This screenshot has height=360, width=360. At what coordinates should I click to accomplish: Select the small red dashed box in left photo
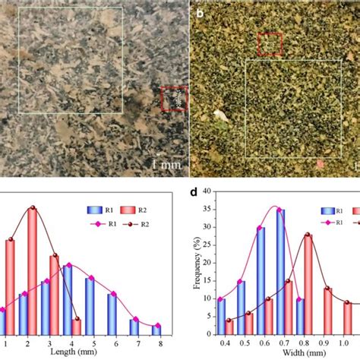(x=173, y=99)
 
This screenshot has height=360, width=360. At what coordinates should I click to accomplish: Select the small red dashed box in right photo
(x=270, y=44)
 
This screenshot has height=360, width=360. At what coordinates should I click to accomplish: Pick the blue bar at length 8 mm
(x=156, y=330)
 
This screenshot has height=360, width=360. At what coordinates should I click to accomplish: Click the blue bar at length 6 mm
(x=112, y=314)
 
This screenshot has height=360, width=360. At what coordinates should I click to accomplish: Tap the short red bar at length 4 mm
(x=76, y=327)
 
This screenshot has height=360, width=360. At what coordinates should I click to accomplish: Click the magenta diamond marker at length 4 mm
(x=69, y=265)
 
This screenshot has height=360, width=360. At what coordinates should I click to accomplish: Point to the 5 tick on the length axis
(x=91, y=343)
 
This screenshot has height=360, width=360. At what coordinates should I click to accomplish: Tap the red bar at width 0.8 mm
(x=308, y=285)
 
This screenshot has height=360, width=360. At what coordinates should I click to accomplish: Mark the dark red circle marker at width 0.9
(x=327, y=289)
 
